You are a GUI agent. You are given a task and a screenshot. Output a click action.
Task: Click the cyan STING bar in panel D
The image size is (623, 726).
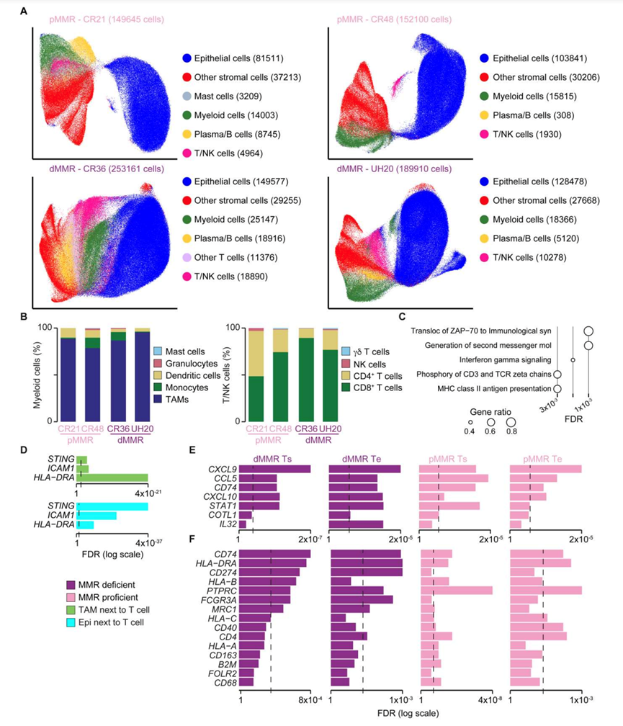tap(112, 506)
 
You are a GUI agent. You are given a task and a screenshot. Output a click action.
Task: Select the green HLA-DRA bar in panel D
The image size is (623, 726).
tap(112, 477)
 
